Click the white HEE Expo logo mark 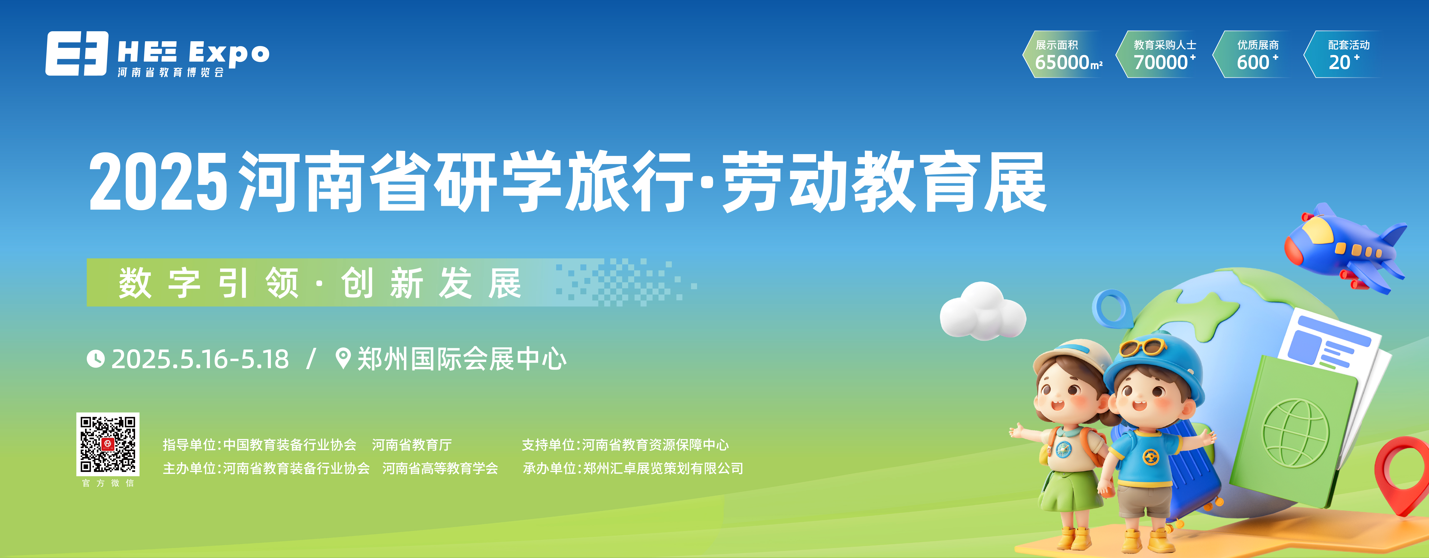click(77, 53)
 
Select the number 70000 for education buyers click(1161, 62)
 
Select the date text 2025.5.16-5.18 click(200, 359)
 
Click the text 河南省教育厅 click(412, 445)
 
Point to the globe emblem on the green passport click(1296, 433)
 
